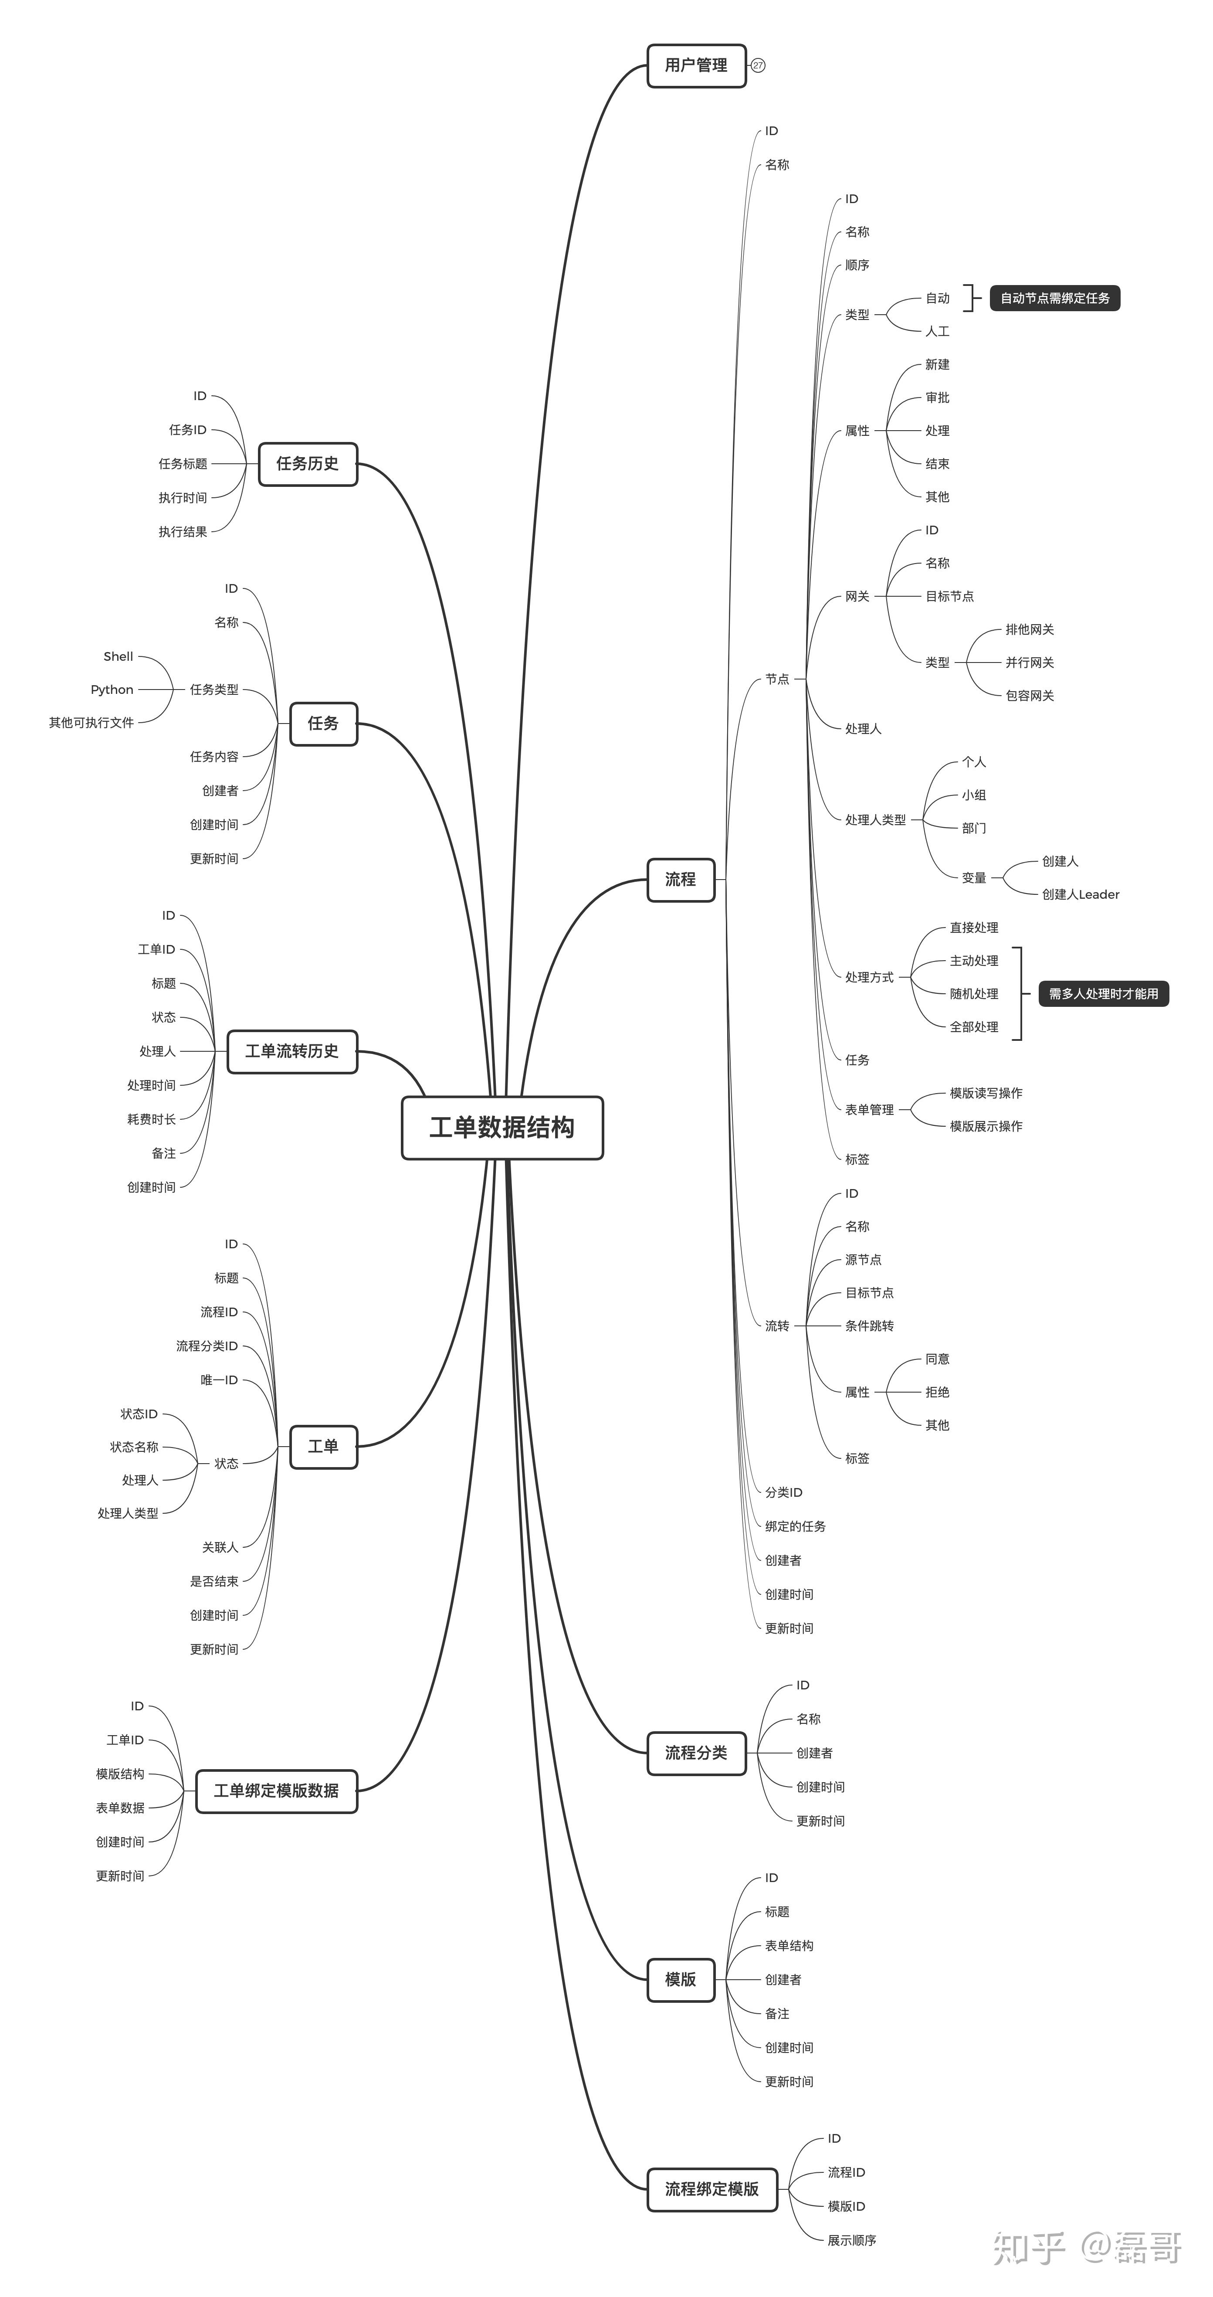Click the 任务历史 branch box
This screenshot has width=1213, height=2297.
(x=308, y=464)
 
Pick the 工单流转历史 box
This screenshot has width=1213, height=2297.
(x=292, y=1051)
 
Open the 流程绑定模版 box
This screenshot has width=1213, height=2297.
(x=712, y=2189)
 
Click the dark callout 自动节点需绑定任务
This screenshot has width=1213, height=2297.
(x=1055, y=298)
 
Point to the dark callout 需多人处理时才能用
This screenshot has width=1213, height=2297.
(x=1103, y=993)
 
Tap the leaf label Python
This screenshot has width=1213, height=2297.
(x=112, y=689)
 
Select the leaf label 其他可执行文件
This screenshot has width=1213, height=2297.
(x=91, y=722)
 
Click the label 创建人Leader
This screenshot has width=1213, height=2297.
(x=1080, y=894)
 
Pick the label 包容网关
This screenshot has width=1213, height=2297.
(x=1030, y=696)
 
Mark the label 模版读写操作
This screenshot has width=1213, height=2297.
(x=986, y=1093)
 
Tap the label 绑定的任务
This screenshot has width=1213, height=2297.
(x=795, y=1526)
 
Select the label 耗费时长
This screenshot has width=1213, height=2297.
(x=152, y=1119)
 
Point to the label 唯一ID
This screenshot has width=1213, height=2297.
(x=219, y=1380)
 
